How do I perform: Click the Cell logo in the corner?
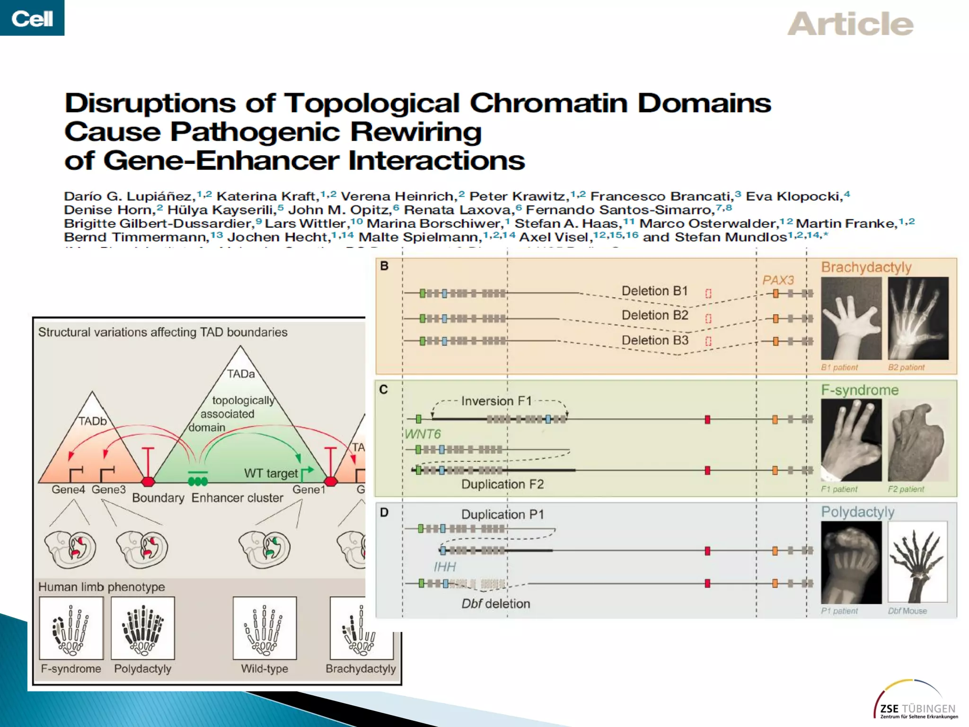(32, 18)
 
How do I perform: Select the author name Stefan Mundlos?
(731, 237)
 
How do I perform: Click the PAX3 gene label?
(778, 280)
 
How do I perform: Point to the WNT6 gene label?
(423, 434)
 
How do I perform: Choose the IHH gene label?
(445, 567)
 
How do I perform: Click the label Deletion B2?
(654, 315)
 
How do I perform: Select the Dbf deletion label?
(495, 603)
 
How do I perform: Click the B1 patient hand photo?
(851, 318)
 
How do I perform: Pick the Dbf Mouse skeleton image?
(917, 562)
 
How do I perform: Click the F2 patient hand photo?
(917, 440)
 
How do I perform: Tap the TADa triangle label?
(240, 374)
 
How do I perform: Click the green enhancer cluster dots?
(198, 481)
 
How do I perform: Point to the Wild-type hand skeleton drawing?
(264, 628)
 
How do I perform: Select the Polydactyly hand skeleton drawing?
(143, 628)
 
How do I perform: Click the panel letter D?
(384, 512)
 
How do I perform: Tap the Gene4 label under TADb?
(68, 489)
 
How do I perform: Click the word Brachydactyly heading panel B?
(866, 267)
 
